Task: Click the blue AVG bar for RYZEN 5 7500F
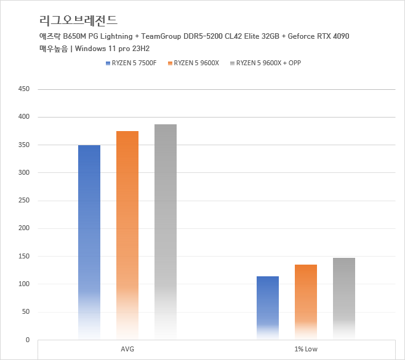(89, 240)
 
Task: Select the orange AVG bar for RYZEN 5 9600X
(127, 234)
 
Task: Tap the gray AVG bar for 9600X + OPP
(166, 231)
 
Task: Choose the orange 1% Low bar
(306, 302)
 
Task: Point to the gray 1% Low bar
(344, 298)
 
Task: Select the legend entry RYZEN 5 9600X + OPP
(268, 63)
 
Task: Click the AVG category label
(127, 350)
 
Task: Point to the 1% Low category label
(306, 350)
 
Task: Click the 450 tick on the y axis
(24, 89)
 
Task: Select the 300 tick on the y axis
(24, 173)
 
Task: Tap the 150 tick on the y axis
(24, 256)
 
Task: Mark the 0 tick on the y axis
(28, 340)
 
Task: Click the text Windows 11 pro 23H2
(114, 49)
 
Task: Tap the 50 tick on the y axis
(26, 312)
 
